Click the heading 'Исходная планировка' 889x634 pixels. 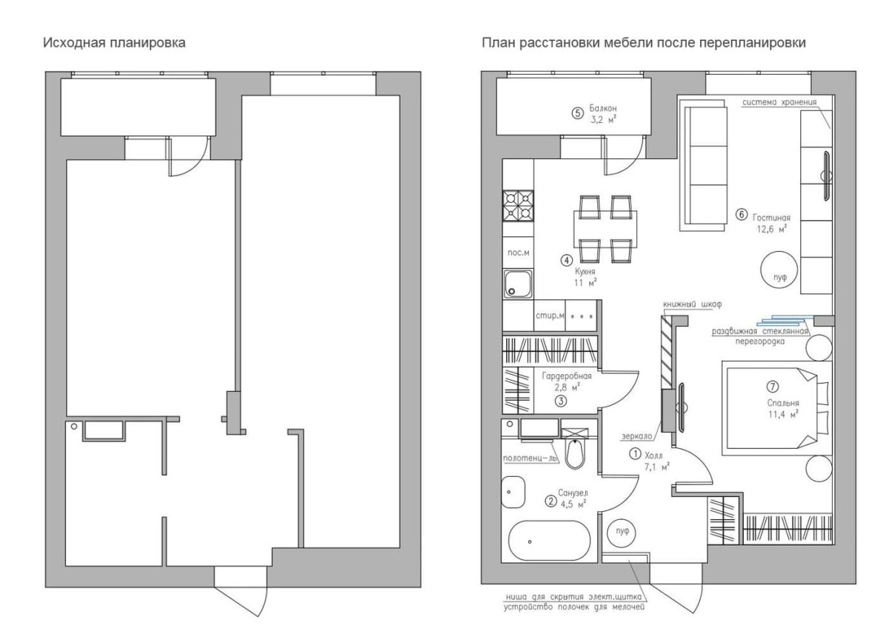tap(114, 42)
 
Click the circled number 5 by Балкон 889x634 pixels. tap(577, 113)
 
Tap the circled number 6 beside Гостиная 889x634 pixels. tap(741, 215)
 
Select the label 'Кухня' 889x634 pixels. tap(585, 272)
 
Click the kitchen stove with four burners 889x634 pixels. tap(519, 205)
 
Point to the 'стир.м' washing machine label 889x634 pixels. tap(549, 316)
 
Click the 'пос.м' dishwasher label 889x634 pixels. tap(519, 253)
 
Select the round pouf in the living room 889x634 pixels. tap(779, 270)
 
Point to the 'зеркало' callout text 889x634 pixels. tap(636, 436)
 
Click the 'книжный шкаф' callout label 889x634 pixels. tap(692, 304)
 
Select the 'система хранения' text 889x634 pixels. tap(779, 102)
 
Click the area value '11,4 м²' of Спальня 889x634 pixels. tap(782, 415)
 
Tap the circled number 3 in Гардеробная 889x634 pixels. tap(560, 401)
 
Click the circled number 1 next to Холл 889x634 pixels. tap(635, 453)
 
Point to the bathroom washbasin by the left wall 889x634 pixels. tap(513, 492)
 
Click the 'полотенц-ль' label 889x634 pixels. tap(530, 458)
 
